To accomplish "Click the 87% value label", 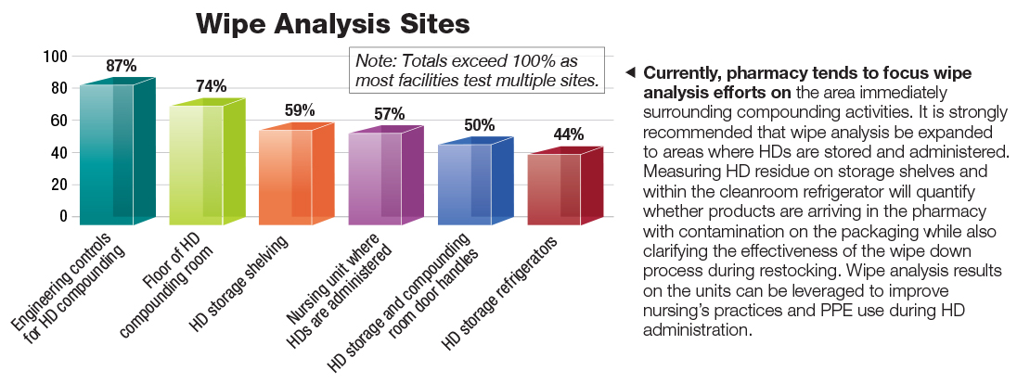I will point(121,66).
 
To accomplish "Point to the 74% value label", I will point(211,86).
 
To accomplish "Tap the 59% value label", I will point(300,110).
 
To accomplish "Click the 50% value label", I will point(479,125).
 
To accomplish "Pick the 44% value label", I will point(568,135).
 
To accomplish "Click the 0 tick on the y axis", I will point(63,216).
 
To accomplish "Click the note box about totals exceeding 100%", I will point(475,70).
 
